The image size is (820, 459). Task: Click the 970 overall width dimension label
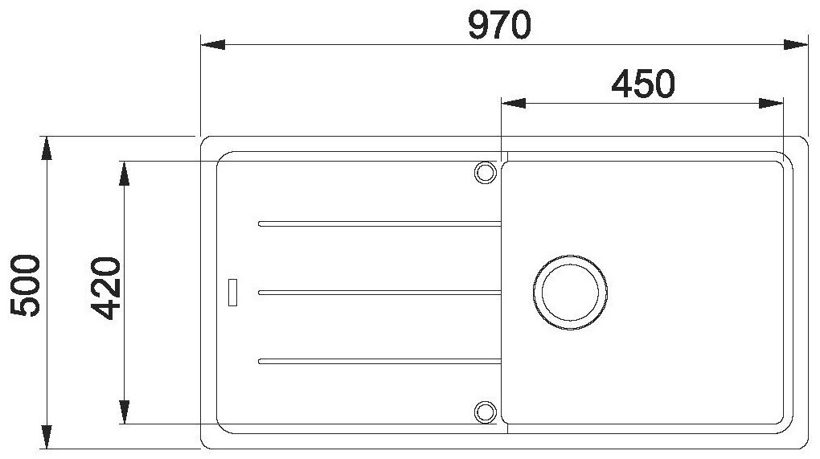click(499, 26)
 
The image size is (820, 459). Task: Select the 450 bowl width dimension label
click(642, 84)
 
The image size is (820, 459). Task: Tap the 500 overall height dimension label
click(25, 285)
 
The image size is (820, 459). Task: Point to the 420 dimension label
click(105, 288)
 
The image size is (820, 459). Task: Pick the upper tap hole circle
click(486, 172)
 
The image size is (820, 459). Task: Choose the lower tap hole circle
click(486, 412)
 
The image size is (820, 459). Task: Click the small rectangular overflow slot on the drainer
click(232, 293)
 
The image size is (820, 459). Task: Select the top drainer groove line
click(379, 223)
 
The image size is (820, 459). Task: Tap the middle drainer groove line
click(379, 293)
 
